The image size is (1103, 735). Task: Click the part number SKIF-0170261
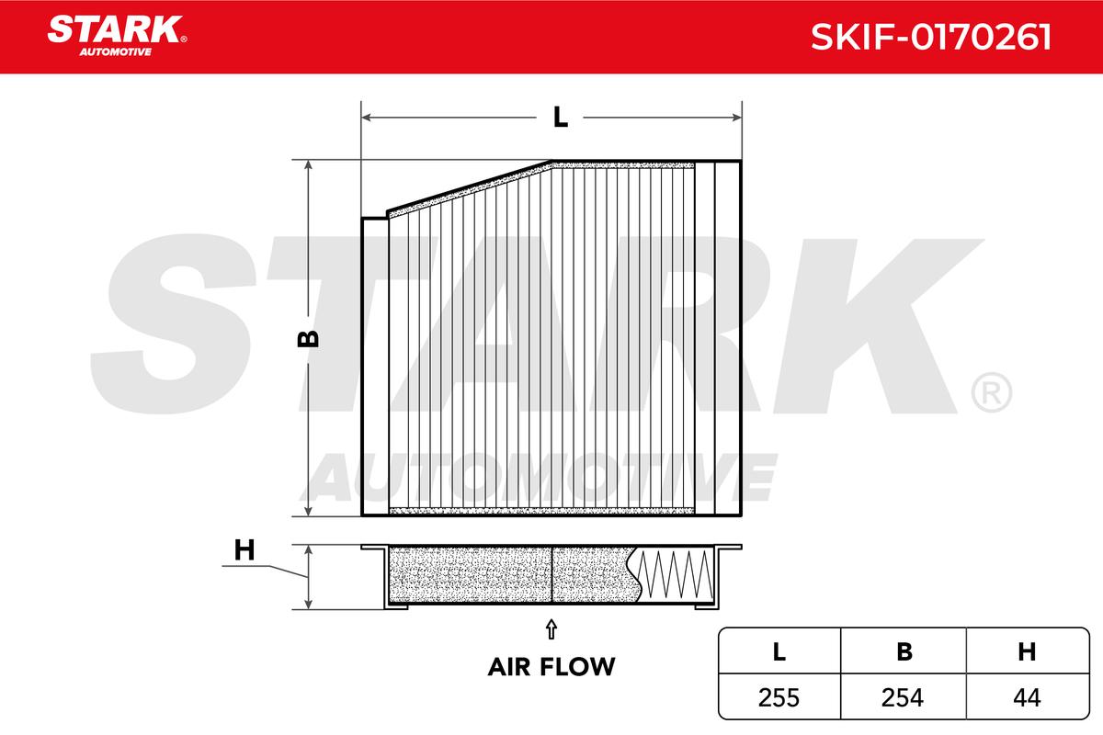pyautogui.click(x=931, y=38)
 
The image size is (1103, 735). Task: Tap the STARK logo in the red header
pyautogui.click(x=117, y=36)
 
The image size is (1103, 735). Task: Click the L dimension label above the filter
pyautogui.click(x=561, y=118)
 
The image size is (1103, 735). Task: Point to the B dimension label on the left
pyautogui.click(x=308, y=339)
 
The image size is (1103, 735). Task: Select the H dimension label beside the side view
pyautogui.click(x=244, y=550)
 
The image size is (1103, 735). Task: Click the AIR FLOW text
pyautogui.click(x=551, y=667)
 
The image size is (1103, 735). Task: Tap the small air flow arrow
pyautogui.click(x=551, y=629)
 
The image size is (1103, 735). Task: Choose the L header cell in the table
pyautogui.click(x=779, y=651)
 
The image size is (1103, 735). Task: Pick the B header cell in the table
pyautogui.click(x=904, y=651)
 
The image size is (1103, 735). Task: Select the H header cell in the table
pyautogui.click(x=1028, y=651)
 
